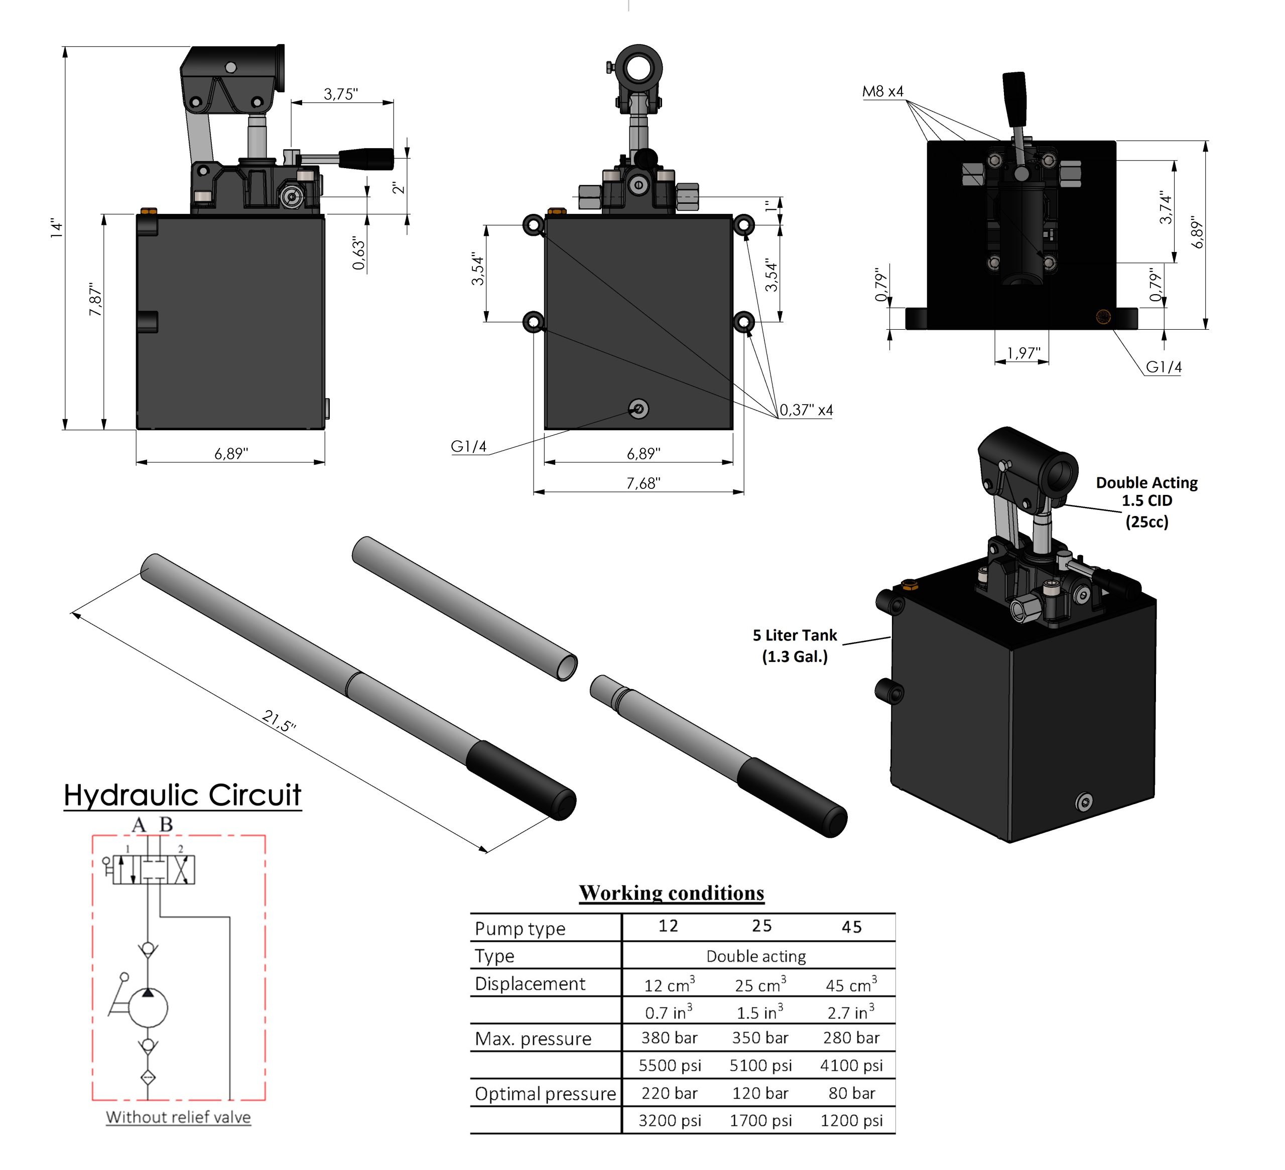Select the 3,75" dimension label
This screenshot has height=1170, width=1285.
click(341, 94)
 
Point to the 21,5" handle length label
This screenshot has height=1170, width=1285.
click(279, 721)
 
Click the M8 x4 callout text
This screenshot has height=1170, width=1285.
click(883, 91)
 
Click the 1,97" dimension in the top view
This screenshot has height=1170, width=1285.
click(1023, 352)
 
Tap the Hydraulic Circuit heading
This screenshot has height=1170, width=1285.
click(182, 795)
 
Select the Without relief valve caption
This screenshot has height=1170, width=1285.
click(179, 1117)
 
